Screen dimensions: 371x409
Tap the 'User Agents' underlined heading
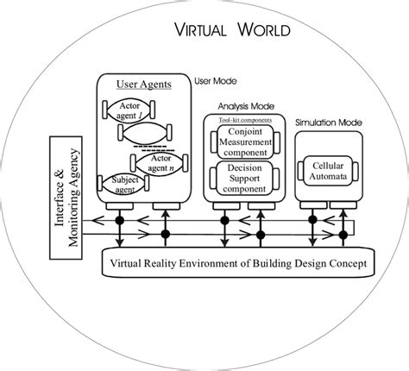click(x=143, y=85)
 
